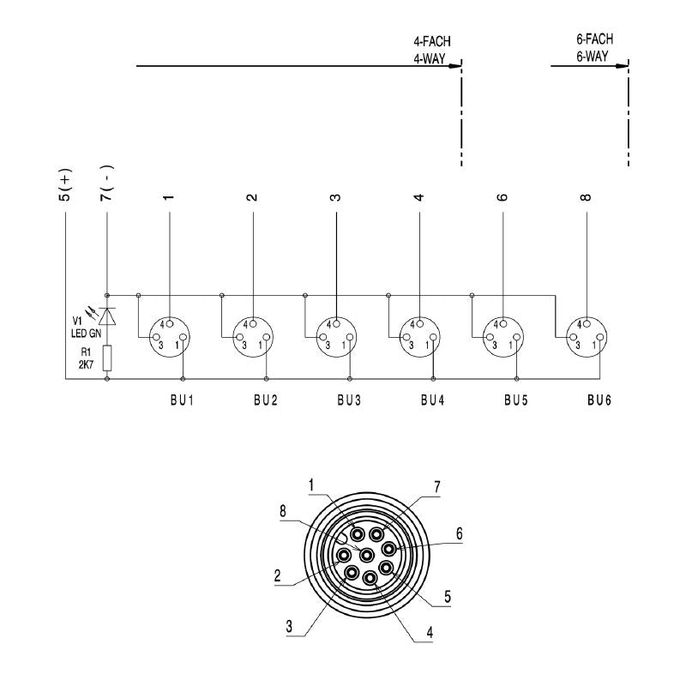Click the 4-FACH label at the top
click(431, 41)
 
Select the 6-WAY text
click(592, 57)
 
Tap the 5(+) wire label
click(65, 185)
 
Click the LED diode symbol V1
click(107, 317)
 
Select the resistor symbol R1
click(107, 358)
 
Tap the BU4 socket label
click(433, 400)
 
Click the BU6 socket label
click(599, 400)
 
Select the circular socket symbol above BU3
click(335, 335)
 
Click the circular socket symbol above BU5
click(502, 335)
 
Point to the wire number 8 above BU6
click(587, 196)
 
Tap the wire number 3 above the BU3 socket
click(336, 196)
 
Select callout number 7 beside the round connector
click(436, 486)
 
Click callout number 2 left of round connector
click(278, 576)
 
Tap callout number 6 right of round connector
click(459, 533)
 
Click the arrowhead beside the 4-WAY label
click(458, 64)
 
